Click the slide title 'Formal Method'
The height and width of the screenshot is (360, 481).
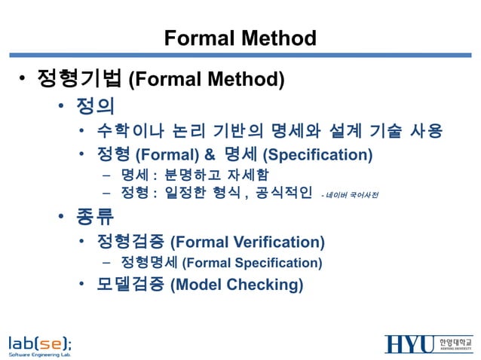(240, 38)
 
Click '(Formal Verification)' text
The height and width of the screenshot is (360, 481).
(248, 243)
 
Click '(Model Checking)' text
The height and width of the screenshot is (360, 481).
(237, 285)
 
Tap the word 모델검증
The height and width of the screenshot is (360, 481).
(130, 285)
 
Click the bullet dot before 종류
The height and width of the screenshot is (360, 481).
(63, 218)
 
